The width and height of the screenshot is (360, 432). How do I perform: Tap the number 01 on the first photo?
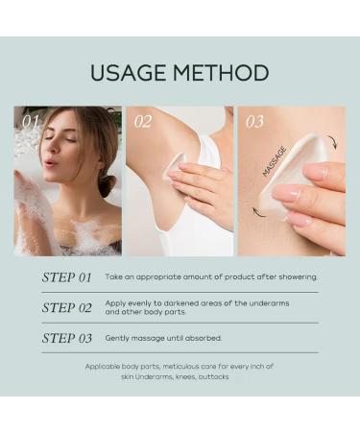pos(31,122)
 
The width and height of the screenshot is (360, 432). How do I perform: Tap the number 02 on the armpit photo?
pos(143,122)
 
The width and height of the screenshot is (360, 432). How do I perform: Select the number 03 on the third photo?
pos(254,122)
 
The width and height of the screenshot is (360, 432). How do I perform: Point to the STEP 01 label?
pos(66,277)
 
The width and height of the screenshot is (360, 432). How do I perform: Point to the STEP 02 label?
pos(66,308)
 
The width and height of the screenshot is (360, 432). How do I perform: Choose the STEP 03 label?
pos(66,338)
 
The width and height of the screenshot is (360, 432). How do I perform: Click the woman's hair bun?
pos(106,182)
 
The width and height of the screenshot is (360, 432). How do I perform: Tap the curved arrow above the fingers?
pos(331,143)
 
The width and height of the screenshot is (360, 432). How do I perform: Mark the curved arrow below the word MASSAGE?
pos(259,211)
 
